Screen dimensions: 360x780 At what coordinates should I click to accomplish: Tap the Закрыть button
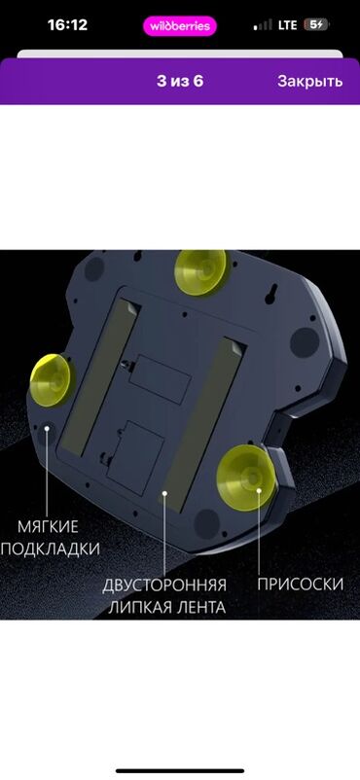coord(309,81)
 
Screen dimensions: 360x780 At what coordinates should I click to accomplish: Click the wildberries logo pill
coord(180,26)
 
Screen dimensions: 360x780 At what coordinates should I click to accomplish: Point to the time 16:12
coord(67,25)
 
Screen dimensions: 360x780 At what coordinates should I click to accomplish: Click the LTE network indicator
coord(287,25)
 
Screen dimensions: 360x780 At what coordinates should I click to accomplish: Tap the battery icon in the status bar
coord(316,25)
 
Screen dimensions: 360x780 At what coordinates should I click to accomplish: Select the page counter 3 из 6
coord(180,81)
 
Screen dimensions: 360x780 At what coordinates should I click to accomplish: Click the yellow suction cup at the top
coord(200,272)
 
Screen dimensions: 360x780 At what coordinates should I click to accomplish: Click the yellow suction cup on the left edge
coord(50,380)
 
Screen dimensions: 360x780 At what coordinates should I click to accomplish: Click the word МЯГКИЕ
coord(48,526)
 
